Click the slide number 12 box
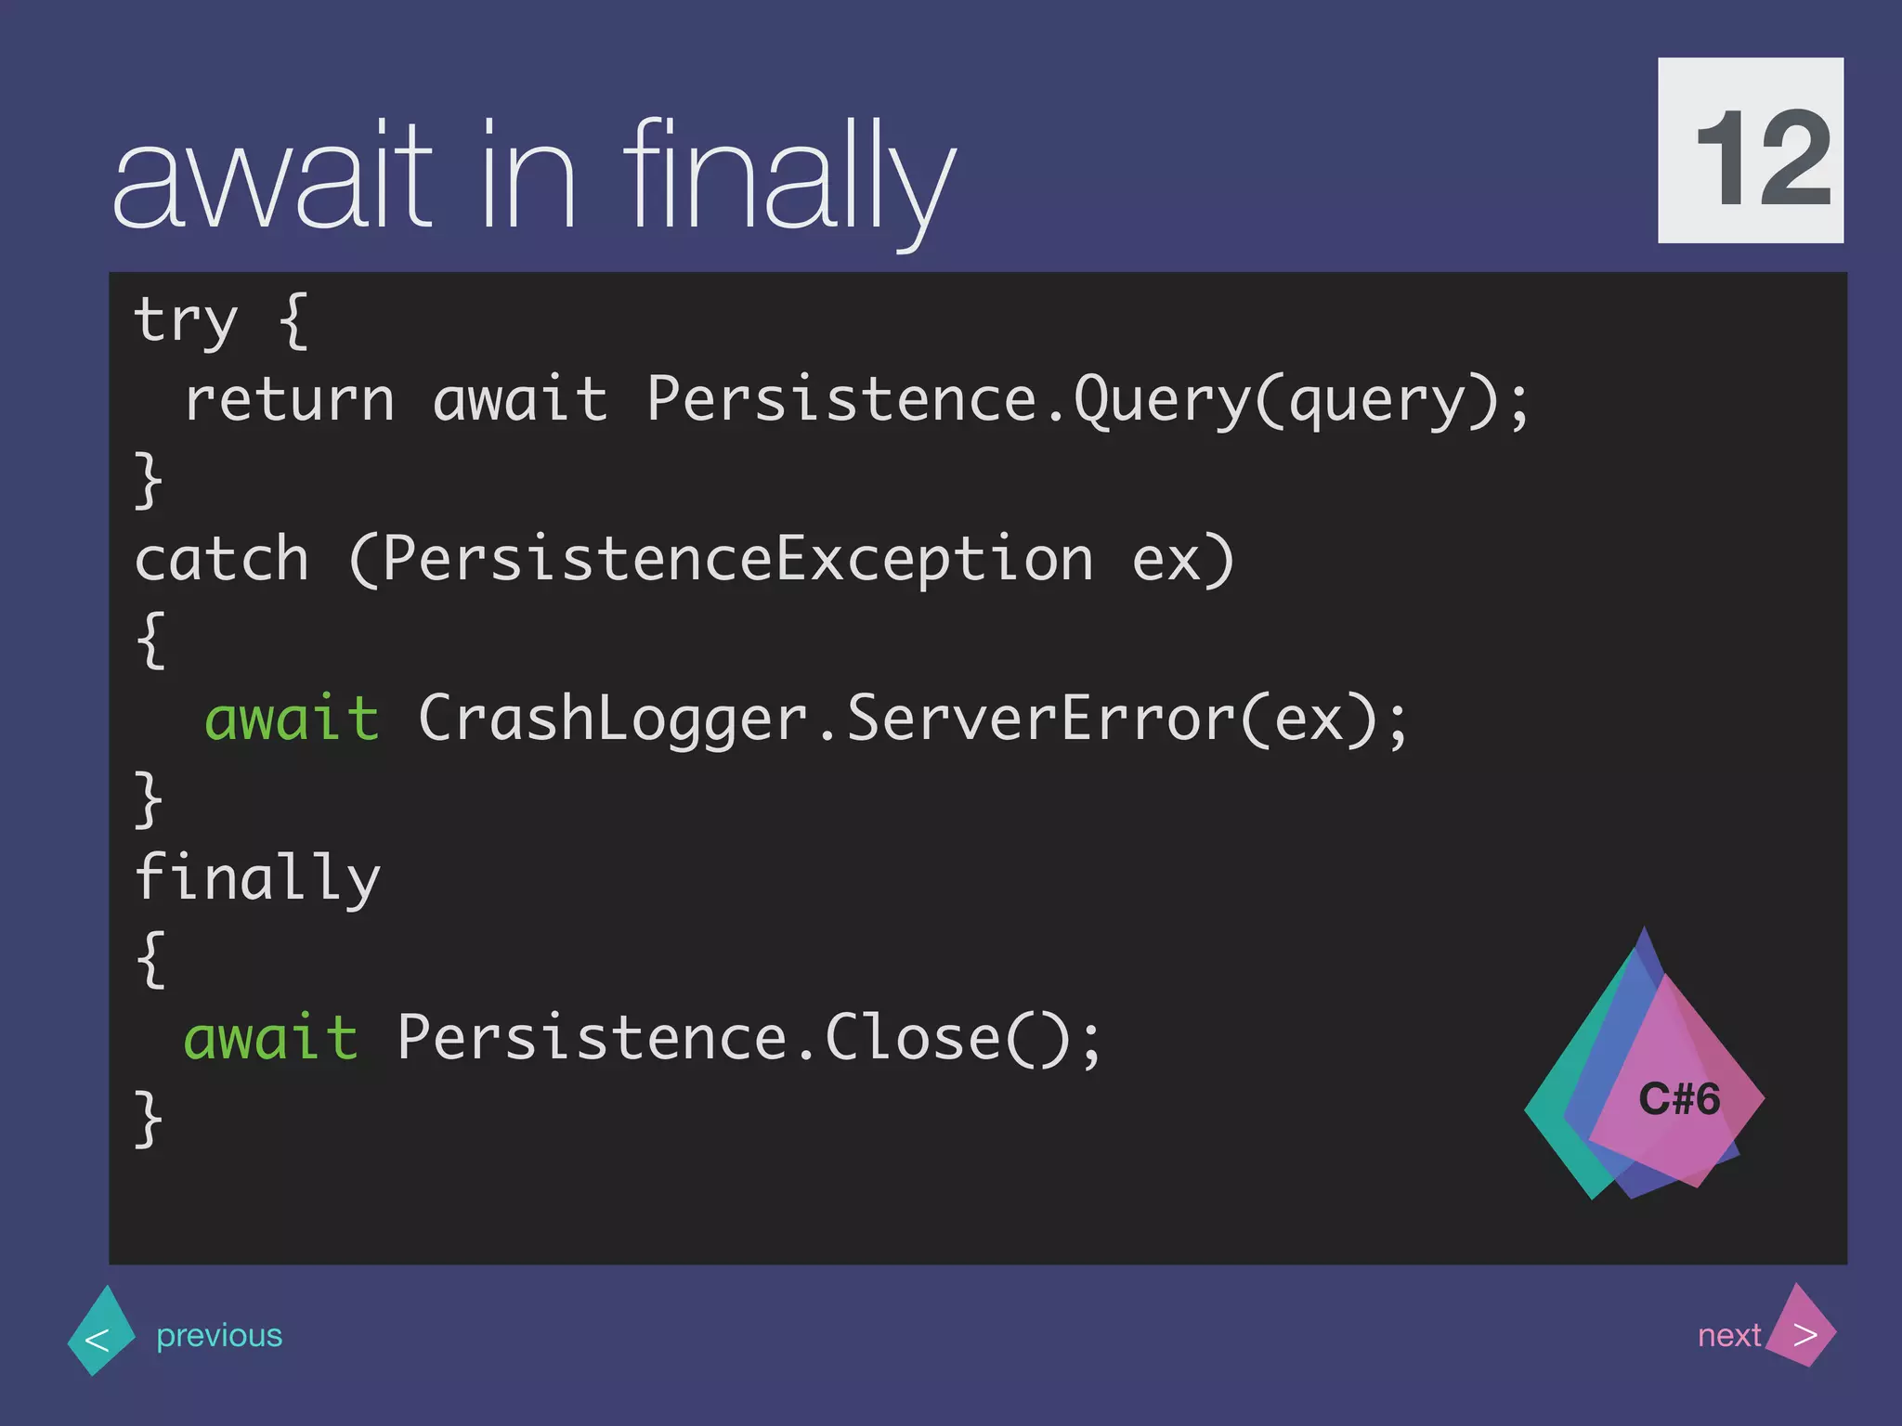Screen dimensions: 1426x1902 [x=1750, y=150]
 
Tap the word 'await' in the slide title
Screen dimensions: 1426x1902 [x=271, y=176]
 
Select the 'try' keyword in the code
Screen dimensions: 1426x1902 [x=185, y=320]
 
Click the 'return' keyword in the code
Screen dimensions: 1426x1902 [x=290, y=400]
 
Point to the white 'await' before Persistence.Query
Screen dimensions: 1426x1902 [x=519, y=400]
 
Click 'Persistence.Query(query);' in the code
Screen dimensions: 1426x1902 [x=1087, y=400]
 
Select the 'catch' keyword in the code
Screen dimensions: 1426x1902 [x=221, y=560]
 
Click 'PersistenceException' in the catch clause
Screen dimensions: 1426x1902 [x=736, y=560]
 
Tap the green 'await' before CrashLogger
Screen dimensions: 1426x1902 [x=292, y=719]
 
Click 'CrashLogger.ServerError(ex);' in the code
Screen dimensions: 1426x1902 [x=913, y=719]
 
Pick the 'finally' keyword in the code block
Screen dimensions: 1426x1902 [x=256, y=878]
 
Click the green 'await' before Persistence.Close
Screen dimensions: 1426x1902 [x=270, y=1038]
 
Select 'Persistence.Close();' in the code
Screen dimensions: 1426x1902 [x=749, y=1038]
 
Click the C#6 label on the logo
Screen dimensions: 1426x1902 [x=1678, y=1099]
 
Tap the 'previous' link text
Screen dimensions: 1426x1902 [x=219, y=1335]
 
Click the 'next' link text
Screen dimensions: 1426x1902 [x=1728, y=1335]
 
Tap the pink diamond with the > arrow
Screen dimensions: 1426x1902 [x=1802, y=1328]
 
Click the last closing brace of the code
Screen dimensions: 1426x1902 [x=149, y=1119]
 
